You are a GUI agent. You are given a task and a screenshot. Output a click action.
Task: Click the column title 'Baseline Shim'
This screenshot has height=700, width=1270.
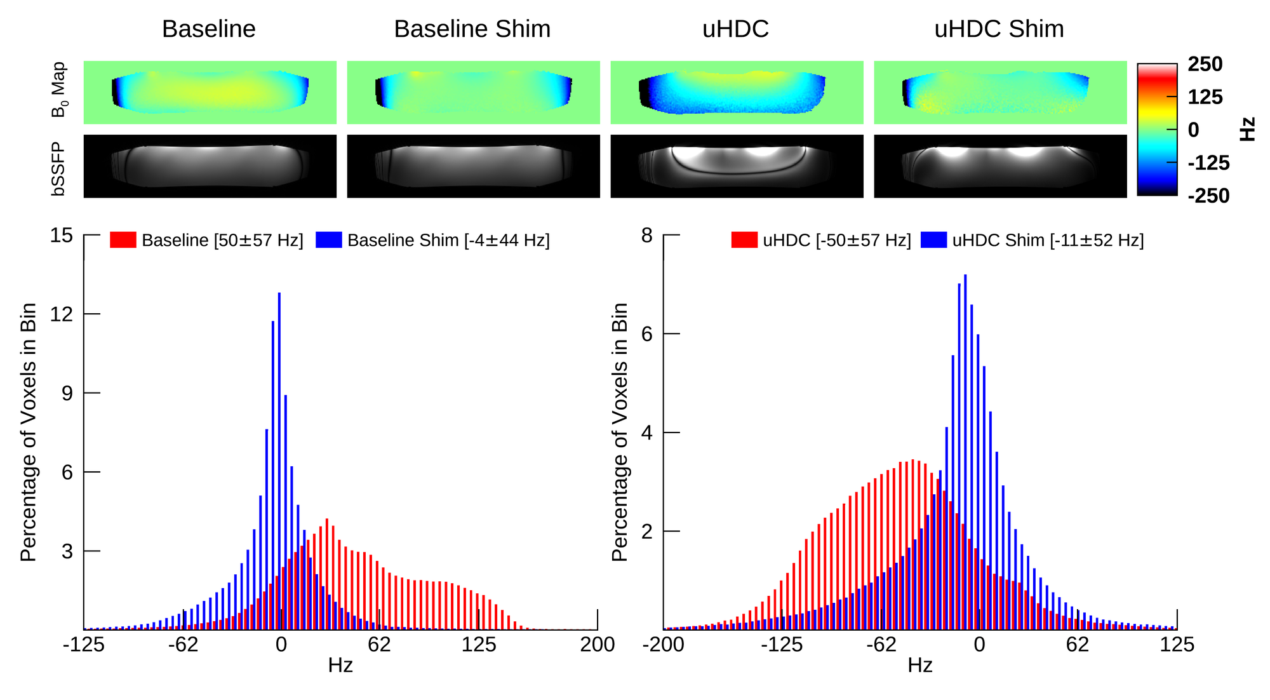tap(472, 29)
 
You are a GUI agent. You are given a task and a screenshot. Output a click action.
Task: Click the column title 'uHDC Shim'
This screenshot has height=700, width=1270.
tap(999, 29)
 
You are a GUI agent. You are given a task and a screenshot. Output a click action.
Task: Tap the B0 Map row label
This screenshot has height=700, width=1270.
tap(59, 90)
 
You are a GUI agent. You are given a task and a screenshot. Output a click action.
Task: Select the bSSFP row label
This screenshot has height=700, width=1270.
tap(59, 168)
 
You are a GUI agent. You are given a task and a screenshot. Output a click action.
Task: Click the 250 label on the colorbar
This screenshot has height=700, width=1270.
tap(1205, 64)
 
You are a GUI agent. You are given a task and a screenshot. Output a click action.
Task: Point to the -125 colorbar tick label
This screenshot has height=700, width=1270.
tap(1208, 163)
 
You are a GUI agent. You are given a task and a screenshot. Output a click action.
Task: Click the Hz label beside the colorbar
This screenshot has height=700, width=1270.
tap(1248, 129)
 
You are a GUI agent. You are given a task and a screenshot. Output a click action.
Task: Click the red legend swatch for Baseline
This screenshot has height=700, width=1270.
tap(123, 240)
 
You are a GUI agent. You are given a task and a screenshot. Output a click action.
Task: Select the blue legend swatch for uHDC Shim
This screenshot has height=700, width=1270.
tap(933, 240)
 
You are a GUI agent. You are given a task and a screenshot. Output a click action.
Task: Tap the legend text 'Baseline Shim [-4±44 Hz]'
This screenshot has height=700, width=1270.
tap(448, 241)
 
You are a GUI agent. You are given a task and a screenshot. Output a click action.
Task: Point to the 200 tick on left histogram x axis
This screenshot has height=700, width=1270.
tap(597, 645)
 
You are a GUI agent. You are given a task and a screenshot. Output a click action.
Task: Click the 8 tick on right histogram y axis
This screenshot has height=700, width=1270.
tap(647, 236)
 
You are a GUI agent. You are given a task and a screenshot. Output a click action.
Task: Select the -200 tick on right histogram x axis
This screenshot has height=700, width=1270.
tap(664, 645)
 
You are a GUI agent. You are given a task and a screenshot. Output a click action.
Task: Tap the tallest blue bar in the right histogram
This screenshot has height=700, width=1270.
tap(965, 451)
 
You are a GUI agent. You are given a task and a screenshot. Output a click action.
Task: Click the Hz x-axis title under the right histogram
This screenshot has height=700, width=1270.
tap(919, 665)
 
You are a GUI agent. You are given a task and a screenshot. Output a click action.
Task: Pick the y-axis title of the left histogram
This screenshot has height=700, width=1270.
tap(29, 432)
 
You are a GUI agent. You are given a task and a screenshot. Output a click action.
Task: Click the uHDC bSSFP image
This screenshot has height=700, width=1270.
tap(737, 166)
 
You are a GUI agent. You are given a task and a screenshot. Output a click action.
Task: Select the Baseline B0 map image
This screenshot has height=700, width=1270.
tap(210, 93)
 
